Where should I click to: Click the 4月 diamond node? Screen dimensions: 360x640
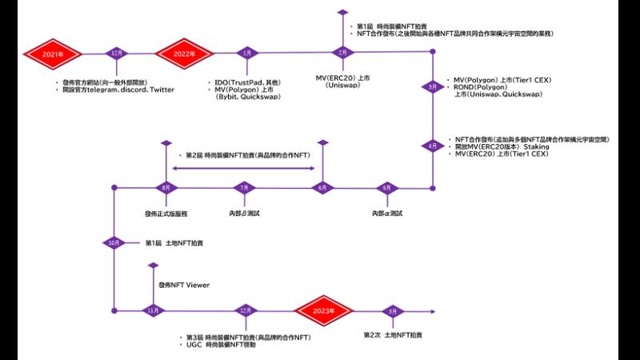433,146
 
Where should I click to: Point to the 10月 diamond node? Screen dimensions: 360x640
114,242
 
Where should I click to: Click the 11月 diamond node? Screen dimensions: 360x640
152,310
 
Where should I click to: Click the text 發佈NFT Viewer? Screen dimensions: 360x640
184,285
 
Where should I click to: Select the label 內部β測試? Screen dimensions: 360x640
246,214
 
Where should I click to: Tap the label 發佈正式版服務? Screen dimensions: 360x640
166,214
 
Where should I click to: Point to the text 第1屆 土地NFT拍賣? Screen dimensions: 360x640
174,242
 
